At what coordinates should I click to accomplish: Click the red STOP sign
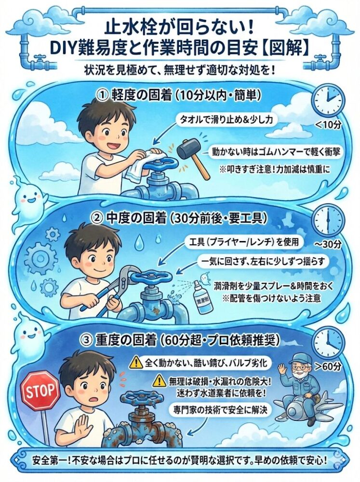tap(40, 390)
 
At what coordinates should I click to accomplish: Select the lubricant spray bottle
tap(201, 296)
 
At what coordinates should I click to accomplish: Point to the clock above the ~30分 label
tap(328, 219)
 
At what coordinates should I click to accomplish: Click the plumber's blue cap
tap(298, 359)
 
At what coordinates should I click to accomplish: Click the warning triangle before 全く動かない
tap(135, 362)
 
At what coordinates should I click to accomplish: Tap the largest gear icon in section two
tap(39, 256)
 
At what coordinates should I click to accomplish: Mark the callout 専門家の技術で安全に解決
tap(220, 409)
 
